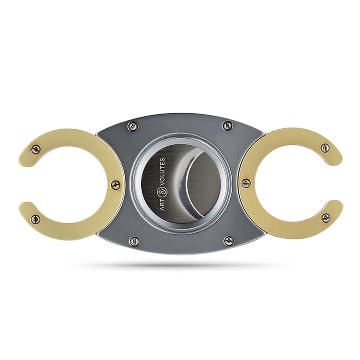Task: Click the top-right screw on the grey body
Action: click(x=226, y=125)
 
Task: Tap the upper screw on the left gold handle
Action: click(x=35, y=149)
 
